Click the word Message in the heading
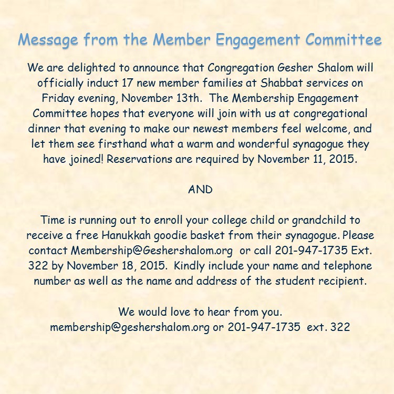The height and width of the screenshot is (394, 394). pyautogui.click(x=46, y=40)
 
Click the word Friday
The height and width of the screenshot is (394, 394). pyautogui.click(x=57, y=98)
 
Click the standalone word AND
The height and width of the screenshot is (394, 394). pyautogui.click(x=200, y=190)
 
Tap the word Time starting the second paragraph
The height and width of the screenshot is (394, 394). pyautogui.click(x=51, y=220)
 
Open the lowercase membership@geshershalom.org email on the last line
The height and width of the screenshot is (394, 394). pyautogui.click(x=130, y=326)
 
